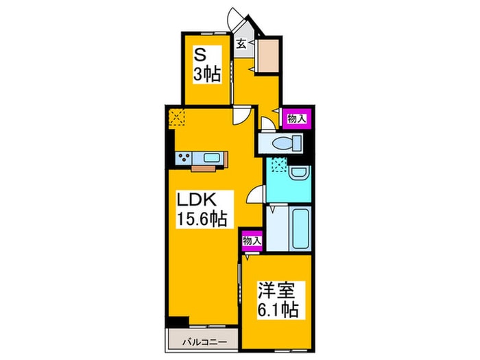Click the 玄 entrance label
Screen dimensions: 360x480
click(x=242, y=45)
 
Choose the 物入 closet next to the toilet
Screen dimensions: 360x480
click(x=296, y=119)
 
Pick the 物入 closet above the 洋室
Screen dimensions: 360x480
click(x=252, y=241)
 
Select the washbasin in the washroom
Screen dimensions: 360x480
click(x=299, y=172)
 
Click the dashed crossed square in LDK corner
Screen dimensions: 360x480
click(x=176, y=118)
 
